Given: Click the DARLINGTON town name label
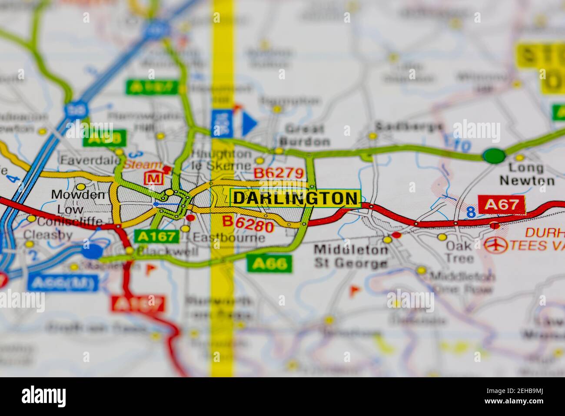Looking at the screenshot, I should (x=295, y=198).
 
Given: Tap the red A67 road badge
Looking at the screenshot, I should (x=502, y=205).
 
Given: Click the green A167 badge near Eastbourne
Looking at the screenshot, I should (x=156, y=236).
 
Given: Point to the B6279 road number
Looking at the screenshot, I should (x=278, y=173).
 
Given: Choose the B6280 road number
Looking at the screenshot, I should (x=248, y=224).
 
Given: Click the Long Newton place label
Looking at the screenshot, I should (x=527, y=174).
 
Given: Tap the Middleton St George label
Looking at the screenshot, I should (x=351, y=257).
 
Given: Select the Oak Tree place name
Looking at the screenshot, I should (x=459, y=252).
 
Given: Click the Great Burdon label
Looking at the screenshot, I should (x=305, y=135).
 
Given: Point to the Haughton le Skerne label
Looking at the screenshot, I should (x=222, y=160).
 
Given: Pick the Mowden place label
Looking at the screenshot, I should (x=78, y=195).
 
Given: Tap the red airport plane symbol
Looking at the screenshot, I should (x=496, y=245).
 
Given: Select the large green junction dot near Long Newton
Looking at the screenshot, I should (x=494, y=155).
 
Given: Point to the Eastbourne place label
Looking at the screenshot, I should (x=229, y=238).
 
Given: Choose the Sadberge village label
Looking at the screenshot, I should (x=409, y=126).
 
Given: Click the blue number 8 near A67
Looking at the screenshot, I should (x=470, y=212).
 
